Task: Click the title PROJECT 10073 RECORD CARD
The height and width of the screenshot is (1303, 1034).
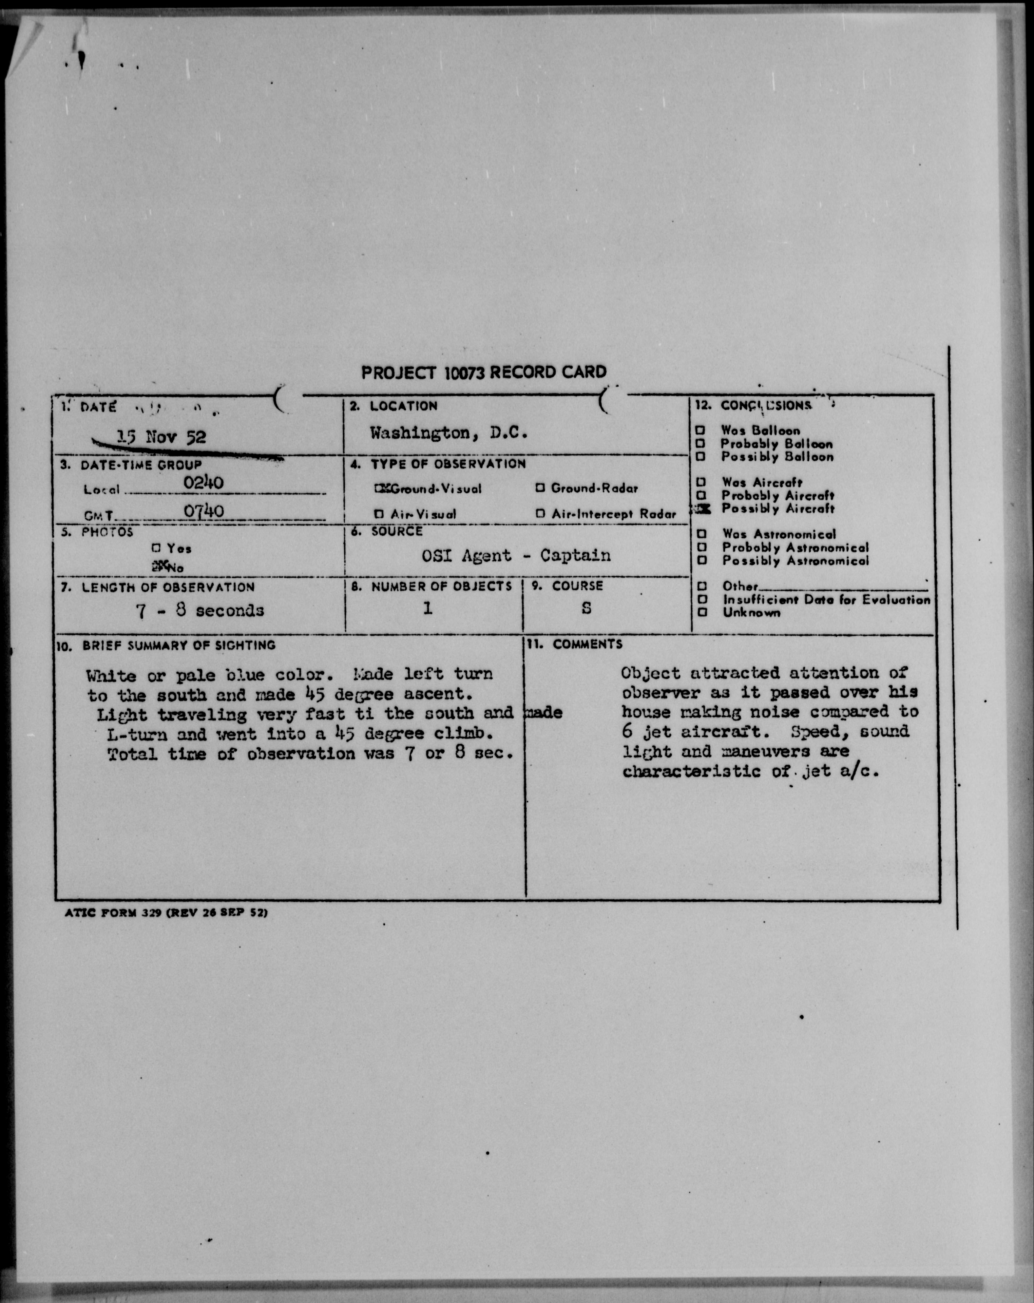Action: pos(484,372)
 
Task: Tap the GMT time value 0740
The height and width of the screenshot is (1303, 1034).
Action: pos(204,511)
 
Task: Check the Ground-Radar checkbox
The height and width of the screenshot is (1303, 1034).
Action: pos(540,488)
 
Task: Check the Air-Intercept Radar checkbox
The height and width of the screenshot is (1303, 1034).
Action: pos(540,514)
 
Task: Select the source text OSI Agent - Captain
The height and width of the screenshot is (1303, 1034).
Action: pos(516,555)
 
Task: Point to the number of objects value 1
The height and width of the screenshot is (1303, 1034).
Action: pos(427,608)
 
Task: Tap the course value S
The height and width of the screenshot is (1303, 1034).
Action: pos(586,608)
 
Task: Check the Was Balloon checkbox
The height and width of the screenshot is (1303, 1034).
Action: pos(701,431)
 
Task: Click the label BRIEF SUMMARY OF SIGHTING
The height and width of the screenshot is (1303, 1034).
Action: pos(179,645)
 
